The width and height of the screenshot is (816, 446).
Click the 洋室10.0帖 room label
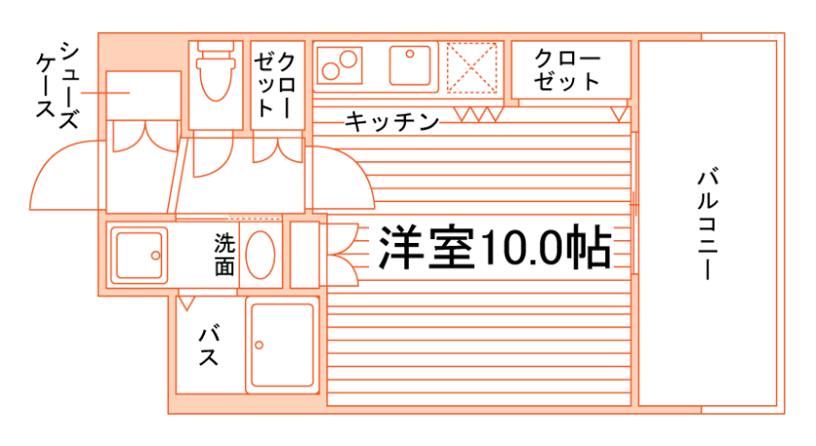494,248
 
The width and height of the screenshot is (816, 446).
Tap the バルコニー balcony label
708,224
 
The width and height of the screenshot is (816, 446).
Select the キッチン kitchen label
391,121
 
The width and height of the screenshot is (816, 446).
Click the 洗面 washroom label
224,254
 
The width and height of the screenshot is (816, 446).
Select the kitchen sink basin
409,65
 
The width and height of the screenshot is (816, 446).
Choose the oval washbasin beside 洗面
260,255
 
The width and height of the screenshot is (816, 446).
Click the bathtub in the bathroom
282,345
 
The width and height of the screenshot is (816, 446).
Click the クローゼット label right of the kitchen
568,69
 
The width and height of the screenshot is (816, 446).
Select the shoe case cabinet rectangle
143,94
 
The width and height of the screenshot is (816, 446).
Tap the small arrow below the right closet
618,115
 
